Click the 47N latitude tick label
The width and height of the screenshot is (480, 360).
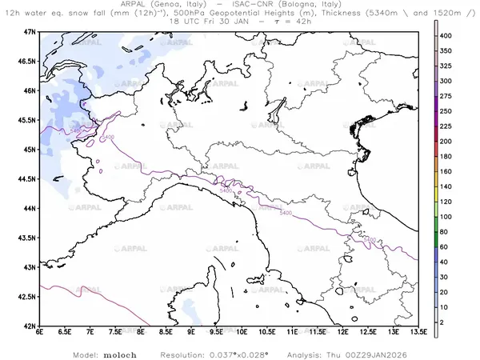30,31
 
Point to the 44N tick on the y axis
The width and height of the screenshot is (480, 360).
30,208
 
